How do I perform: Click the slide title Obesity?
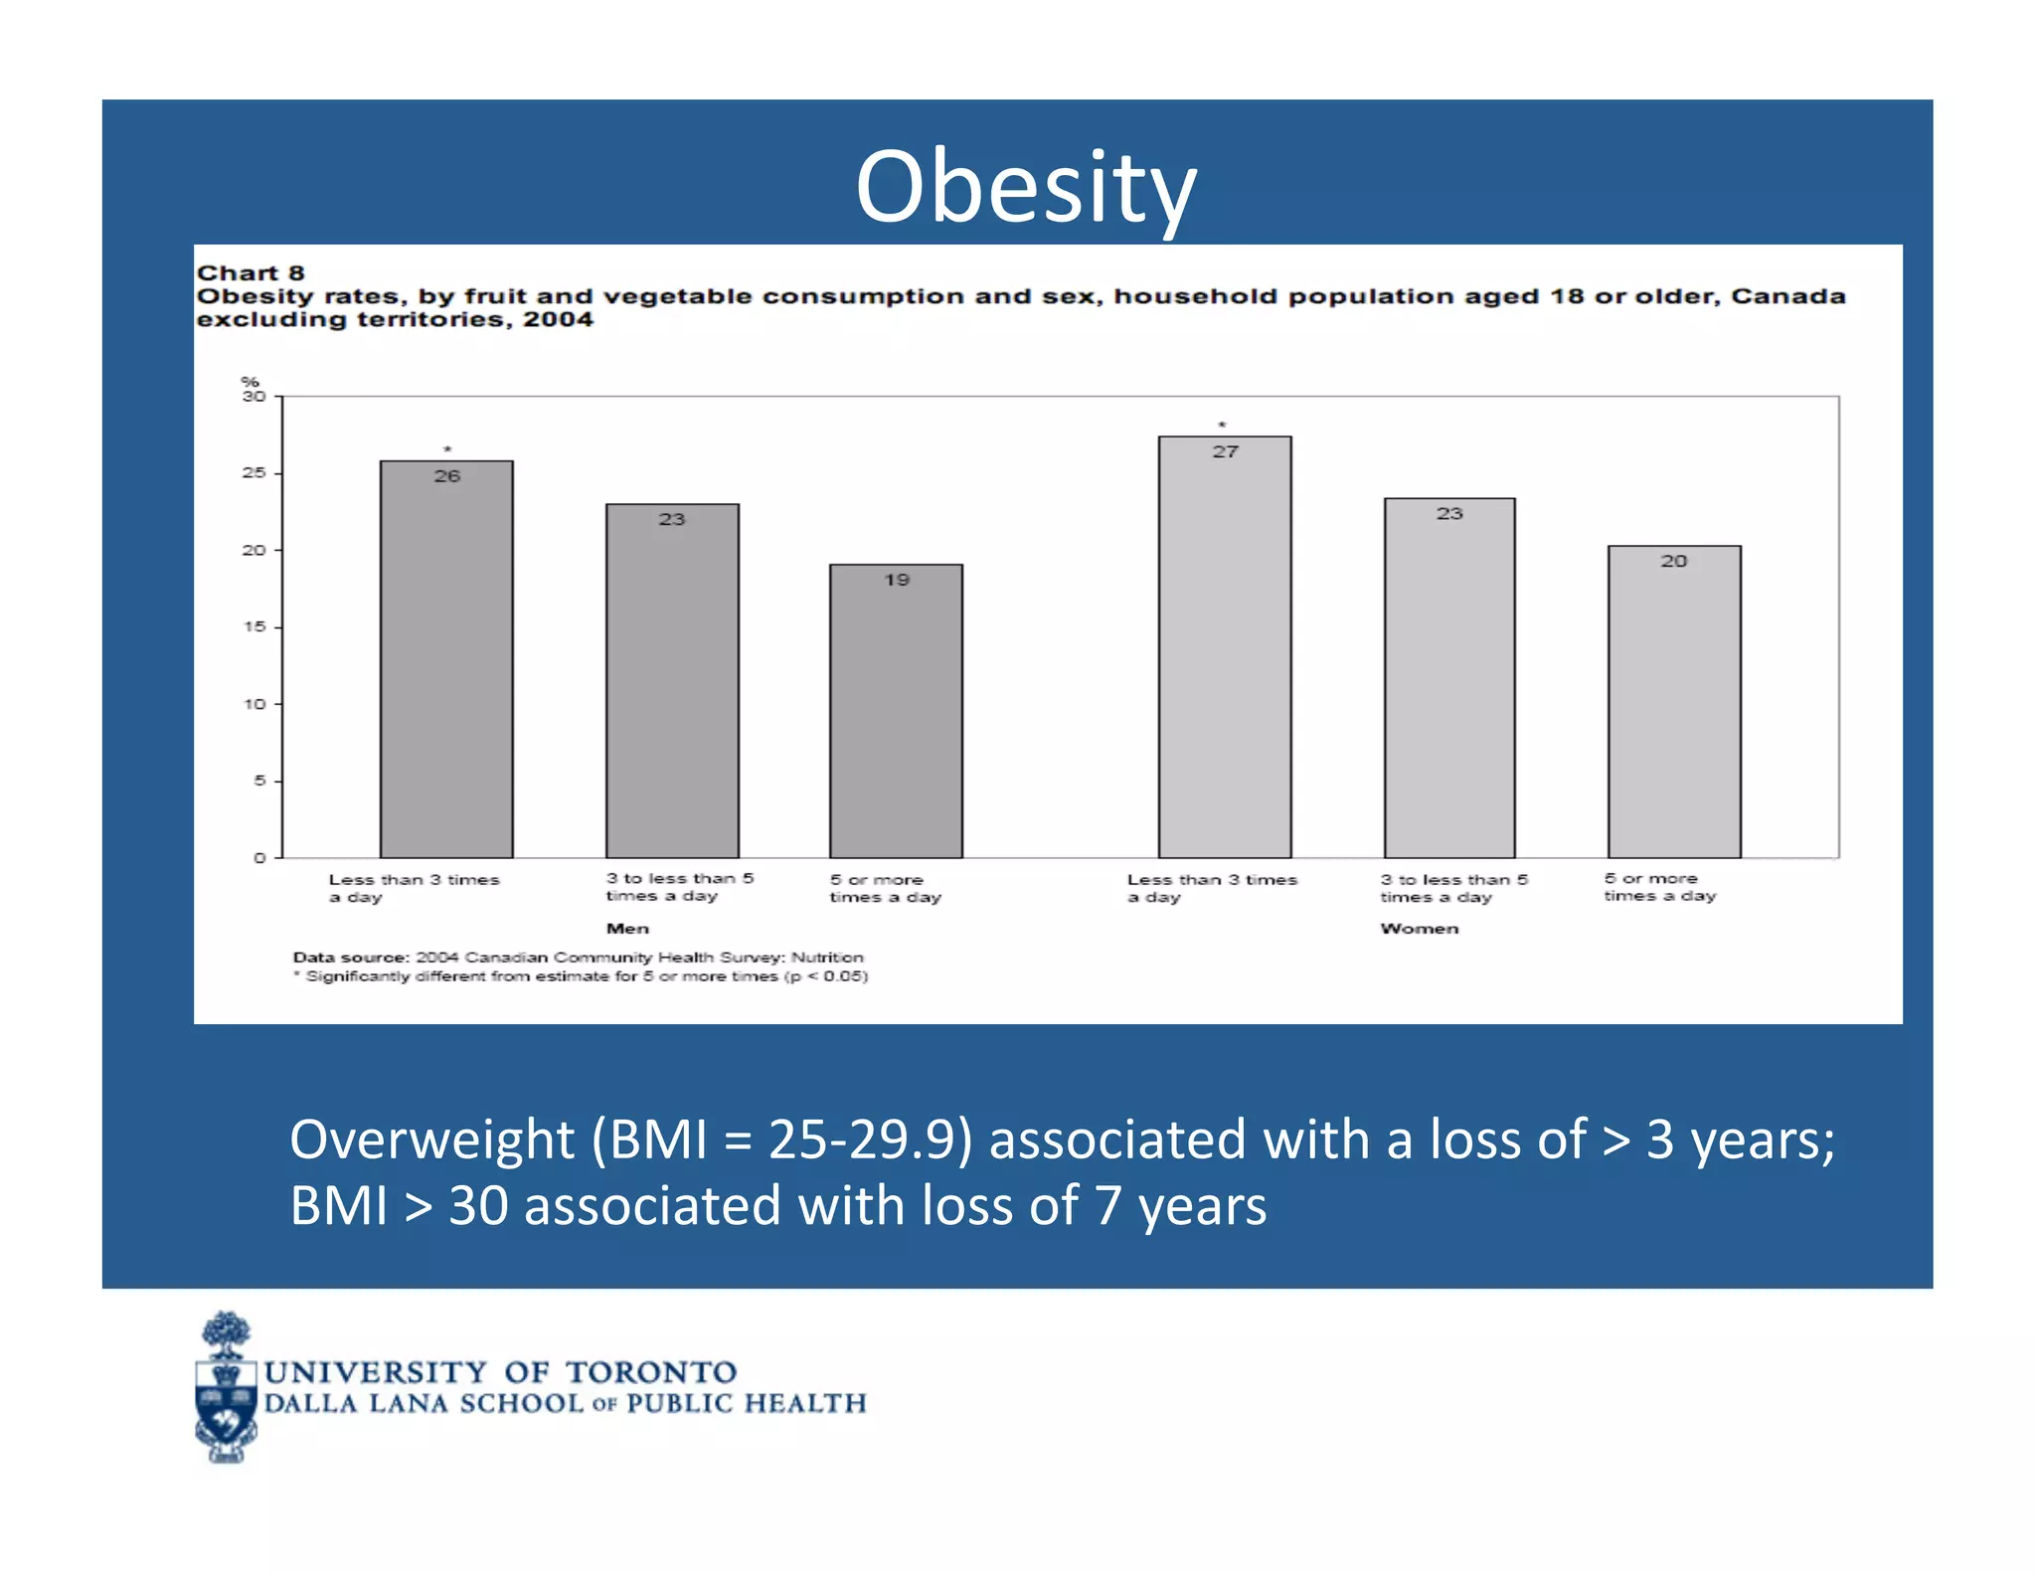tap(1026, 187)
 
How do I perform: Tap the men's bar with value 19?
tap(896, 711)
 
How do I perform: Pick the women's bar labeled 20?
tap(1674, 701)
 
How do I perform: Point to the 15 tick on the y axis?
tap(254, 627)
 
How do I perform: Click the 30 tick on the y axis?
tap(254, 397)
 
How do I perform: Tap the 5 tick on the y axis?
tap(259, 782)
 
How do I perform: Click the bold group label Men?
tap(627, 929)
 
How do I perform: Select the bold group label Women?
tap(1419, 929)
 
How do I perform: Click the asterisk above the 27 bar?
tap(1223, 426)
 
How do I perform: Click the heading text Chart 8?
tap(251, 273)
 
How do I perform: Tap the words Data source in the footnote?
tap(351, 958)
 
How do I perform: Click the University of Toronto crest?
tap(227, 1388)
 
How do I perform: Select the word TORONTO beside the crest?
tap(651, 1373)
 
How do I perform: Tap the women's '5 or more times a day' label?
tap(1659, 887)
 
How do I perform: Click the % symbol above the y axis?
tap(250, 382)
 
